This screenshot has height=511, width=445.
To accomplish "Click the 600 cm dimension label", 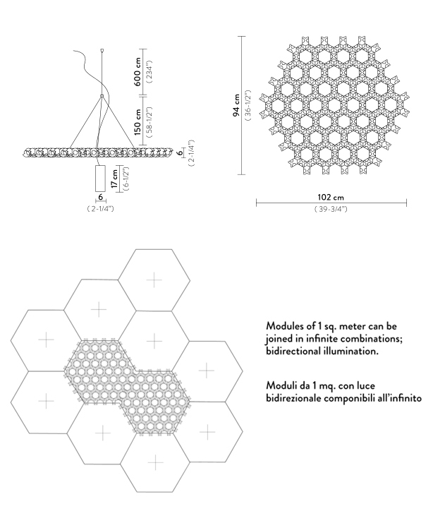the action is tap(138, 72).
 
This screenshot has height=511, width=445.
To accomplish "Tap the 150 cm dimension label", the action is tap(138, 122).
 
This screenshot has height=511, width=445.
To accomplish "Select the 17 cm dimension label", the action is tap(114, 179).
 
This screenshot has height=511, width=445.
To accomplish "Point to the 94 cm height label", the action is tap(236, 105).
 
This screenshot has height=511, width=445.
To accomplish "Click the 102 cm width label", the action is tap(331, 197).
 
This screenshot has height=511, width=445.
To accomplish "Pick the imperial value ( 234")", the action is tap(150, 72).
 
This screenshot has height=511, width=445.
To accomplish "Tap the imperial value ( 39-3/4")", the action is tap(331, 209).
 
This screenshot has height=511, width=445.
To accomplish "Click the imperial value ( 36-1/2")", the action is tap(248, 105).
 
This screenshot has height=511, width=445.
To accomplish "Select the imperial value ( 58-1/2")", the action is tap(150, 122).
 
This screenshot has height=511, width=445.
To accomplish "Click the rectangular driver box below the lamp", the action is tap(100, 179).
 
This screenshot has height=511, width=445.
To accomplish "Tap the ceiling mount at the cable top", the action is tap(102, 50).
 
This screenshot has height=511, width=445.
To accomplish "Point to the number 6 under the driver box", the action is tap(101, 197).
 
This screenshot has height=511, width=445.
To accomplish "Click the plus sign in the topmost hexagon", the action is tap(154, 280).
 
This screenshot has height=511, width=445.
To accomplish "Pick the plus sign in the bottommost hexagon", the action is tap(155, 462).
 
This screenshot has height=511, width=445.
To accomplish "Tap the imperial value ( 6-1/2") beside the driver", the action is tap(126, 179).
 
